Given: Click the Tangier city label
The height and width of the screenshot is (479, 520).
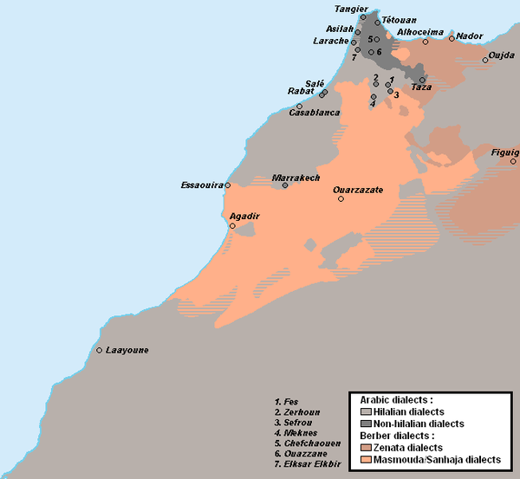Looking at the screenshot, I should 351,9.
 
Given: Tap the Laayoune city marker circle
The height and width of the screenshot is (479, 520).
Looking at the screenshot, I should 100,350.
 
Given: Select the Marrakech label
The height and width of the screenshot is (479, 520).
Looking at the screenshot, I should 290,178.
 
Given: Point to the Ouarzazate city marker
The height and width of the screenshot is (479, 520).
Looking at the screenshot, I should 341,198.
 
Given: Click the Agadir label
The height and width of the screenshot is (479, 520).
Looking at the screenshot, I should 244,216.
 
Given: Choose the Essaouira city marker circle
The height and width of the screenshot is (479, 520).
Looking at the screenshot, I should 228,185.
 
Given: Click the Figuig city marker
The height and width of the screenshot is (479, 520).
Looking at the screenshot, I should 513,161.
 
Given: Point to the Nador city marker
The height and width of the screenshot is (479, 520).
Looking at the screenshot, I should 452,38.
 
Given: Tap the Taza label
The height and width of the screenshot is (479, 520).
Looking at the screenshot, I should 420,87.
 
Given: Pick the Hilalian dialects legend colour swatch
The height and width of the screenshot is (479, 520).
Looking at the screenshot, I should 367,411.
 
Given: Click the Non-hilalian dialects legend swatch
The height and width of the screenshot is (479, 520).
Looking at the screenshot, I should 367,424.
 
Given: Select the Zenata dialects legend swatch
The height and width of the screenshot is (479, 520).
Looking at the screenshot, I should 367,447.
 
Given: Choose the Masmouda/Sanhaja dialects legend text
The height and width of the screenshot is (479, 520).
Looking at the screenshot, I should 438,459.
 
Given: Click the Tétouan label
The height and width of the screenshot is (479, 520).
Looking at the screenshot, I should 400,19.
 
